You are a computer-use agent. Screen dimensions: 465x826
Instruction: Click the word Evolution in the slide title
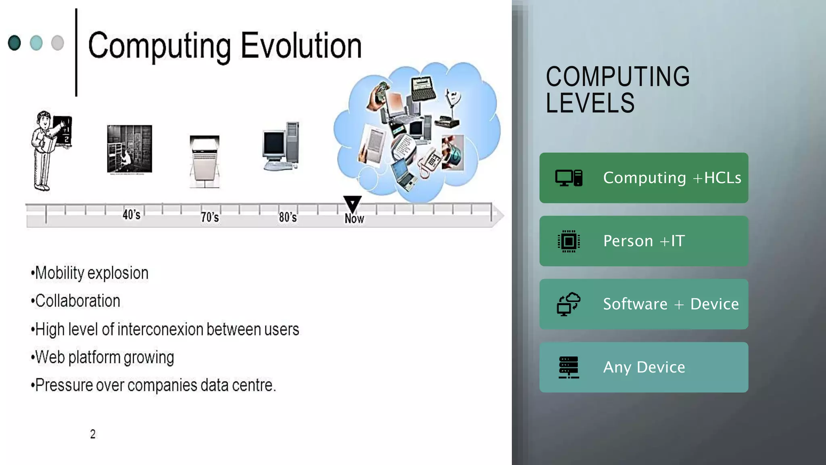[x=301, y=46]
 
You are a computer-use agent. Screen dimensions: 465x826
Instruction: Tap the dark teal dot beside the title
[x=15, y=43]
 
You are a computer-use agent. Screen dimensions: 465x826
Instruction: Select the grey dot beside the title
[x=58, y=43]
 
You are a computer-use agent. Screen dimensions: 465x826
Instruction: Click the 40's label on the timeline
[x=131, y=215]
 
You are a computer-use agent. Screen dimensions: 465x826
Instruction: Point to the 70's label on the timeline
[x=210, y=217]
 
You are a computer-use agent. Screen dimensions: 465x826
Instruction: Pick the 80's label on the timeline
[x=288, y=217]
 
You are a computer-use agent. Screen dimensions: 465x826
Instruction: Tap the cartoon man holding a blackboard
[x=50, y=150]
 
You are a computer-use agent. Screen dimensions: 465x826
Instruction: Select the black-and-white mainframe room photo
[x=129, y=149]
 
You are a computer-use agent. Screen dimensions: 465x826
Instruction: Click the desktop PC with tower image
[x=282, y=146]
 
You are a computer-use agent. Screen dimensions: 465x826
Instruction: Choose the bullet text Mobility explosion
[x=92, y=273]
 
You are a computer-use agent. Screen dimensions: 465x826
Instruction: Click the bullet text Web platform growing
[x=104, y=358]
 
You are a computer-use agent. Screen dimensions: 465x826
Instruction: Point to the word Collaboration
[x=77, y=301]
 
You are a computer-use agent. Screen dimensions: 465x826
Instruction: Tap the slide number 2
[x=93, y=434]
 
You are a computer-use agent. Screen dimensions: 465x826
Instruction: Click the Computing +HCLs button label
[x=672, y=178]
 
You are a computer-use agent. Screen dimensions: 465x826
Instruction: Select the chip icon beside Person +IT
[x=569, y=241]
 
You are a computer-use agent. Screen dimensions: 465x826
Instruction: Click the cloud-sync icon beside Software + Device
[x=569, y=304]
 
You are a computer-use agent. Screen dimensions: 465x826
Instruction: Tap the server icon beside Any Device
[x=569, y=367]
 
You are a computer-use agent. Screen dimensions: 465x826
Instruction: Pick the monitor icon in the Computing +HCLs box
[x=564, y=178]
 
